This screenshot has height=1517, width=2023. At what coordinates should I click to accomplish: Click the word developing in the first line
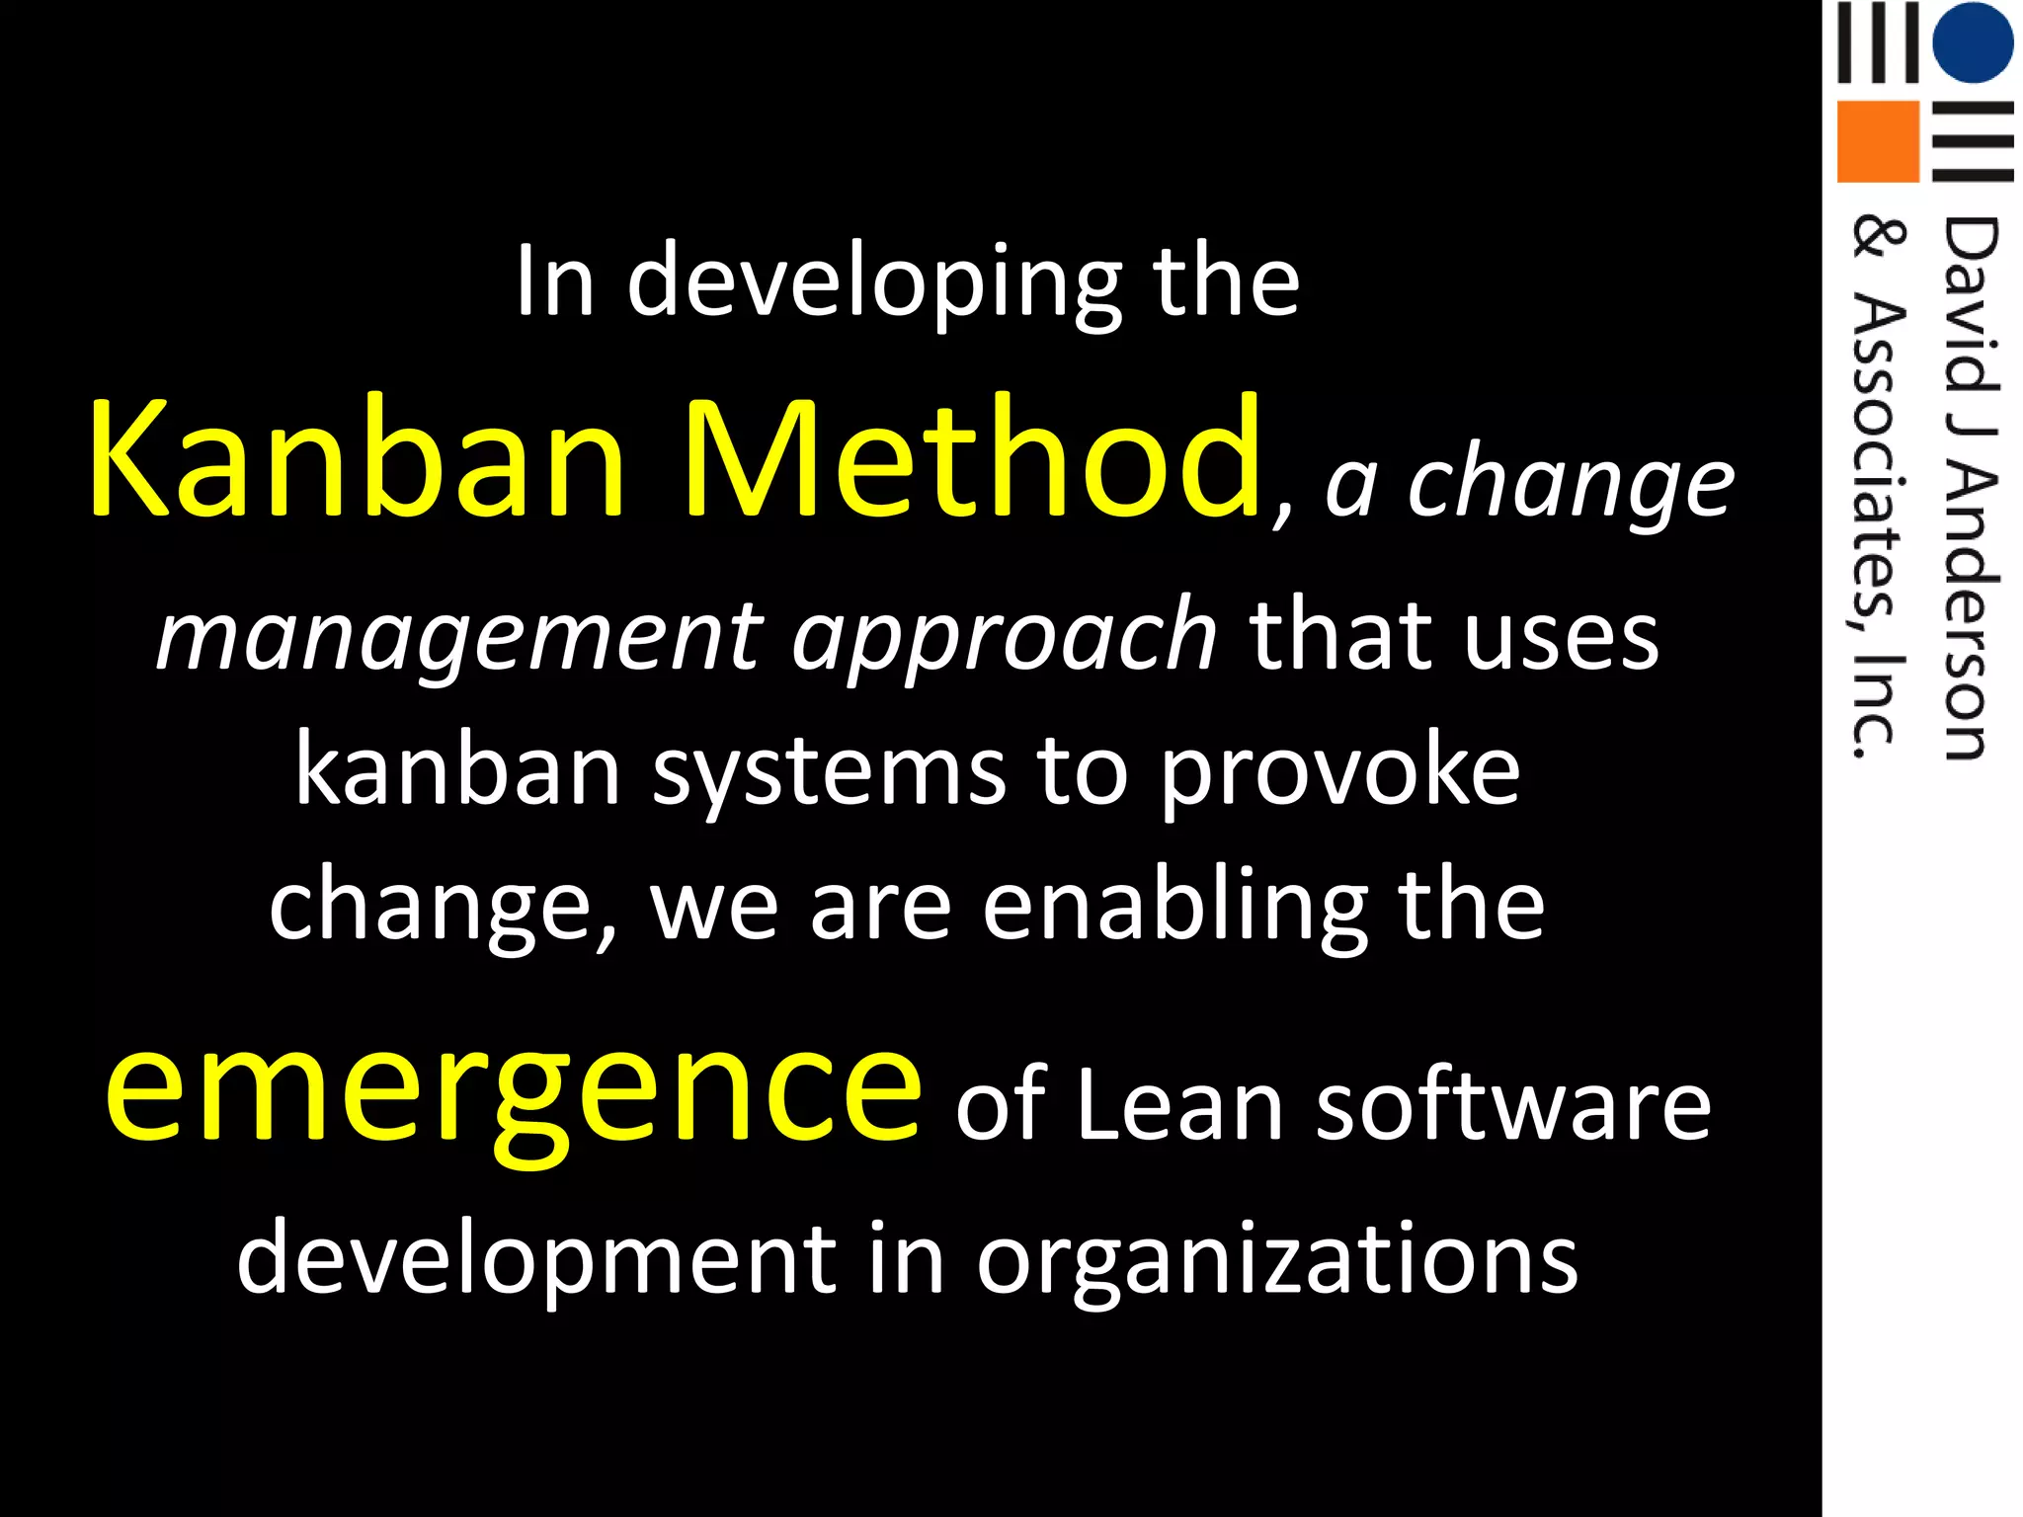874,284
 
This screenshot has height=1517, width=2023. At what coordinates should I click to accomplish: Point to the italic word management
459,637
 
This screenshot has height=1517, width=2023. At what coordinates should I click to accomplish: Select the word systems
830,772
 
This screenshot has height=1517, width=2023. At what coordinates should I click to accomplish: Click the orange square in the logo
1877,141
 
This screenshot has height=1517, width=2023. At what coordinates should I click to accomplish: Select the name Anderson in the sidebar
1970,612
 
